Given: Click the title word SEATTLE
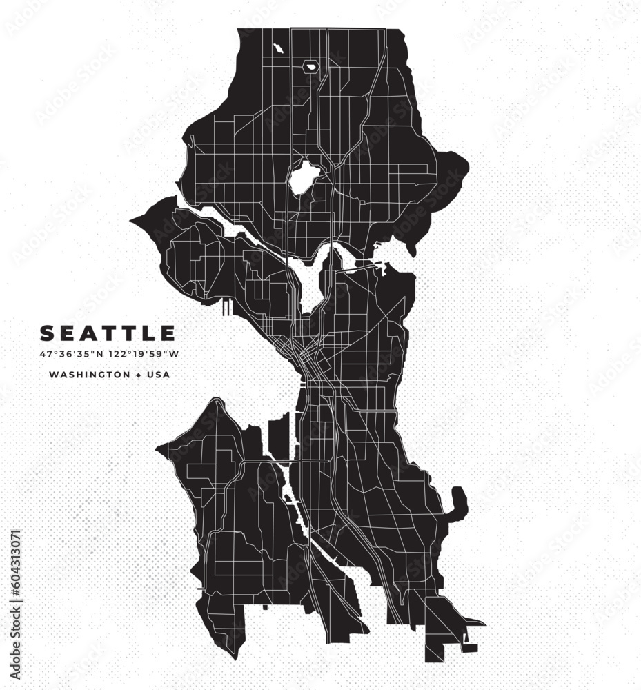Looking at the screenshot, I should (x=108, y=334).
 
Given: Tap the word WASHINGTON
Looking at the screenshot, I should (x=89, y=375).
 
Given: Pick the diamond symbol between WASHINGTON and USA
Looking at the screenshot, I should (x=138, y=375).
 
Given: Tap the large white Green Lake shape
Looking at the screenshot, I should (x=302, y=177).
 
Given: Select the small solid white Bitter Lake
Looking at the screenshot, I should (x=278, y=49).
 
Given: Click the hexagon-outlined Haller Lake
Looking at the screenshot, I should (x=310, y=67).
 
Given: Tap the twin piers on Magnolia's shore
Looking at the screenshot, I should (x=227, y=307).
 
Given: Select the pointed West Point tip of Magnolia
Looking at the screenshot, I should (x=133, y=221).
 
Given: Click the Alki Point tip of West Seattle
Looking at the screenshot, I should (x=159, y=449).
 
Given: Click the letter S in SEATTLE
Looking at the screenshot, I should (x=48, y=334).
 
